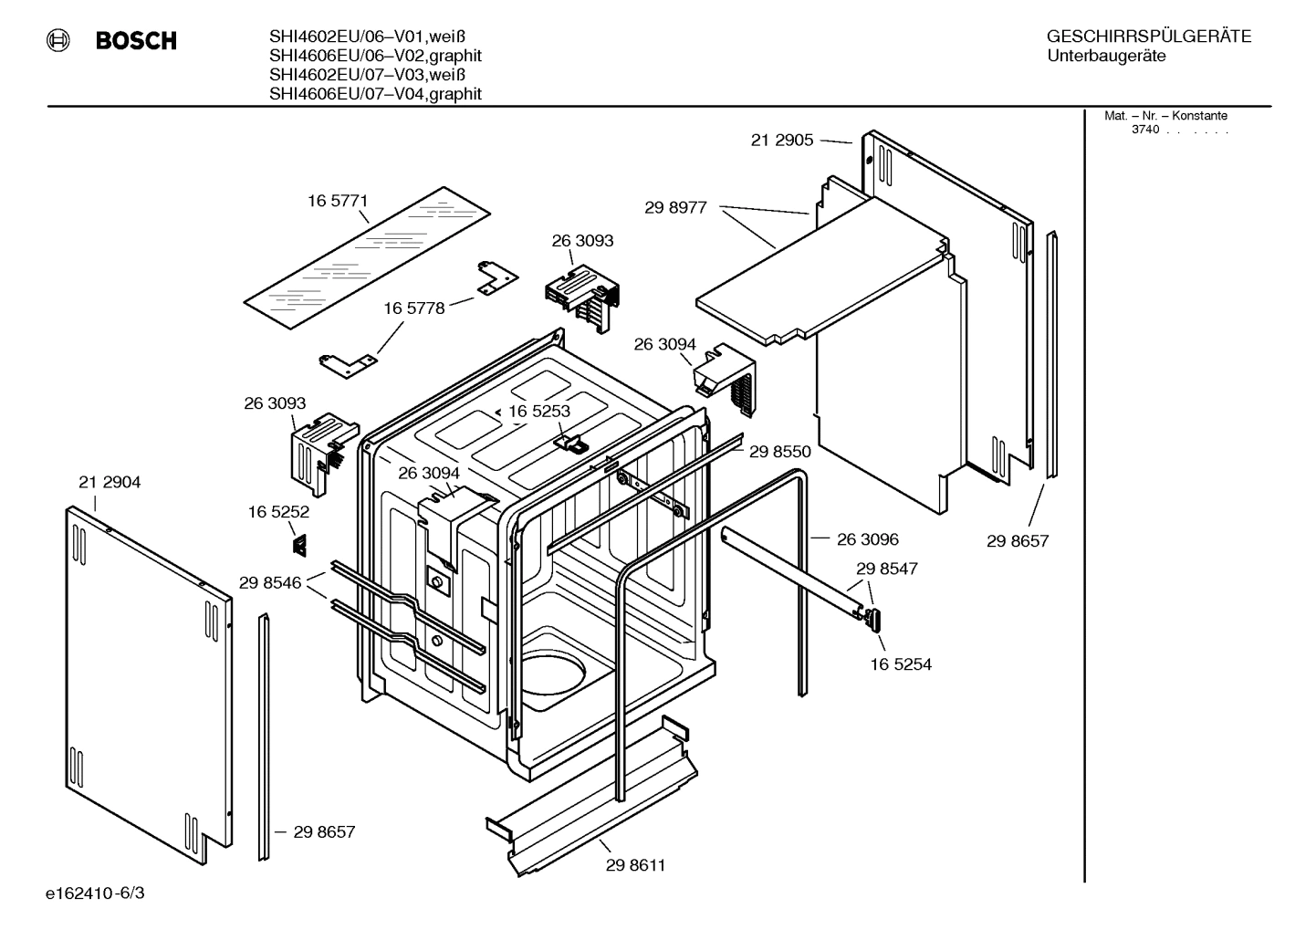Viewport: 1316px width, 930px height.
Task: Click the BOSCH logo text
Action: [x=136, y=41]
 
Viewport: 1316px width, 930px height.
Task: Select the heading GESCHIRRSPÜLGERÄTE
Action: [x=1148, y=37]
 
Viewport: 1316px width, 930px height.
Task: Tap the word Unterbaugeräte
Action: [x=1106, y=57]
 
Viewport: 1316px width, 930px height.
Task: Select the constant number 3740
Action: [x=1144, y=130]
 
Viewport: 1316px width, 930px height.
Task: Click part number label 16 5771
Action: [x=338, y=201]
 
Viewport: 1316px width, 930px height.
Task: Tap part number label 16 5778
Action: [x=413, y=308]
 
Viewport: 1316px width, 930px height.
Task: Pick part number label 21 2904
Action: [x=110, y=482]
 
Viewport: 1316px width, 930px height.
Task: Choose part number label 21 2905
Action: [x=781, y=141]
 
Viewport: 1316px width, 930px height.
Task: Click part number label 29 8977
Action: [x=675, y=207]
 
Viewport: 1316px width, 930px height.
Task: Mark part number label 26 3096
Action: [x=868, y=539]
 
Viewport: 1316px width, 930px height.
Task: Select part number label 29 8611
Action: [x=635, y=865]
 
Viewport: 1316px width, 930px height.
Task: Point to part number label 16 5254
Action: [x=901, y=664]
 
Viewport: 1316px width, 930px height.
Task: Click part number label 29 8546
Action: [x=270, y=582]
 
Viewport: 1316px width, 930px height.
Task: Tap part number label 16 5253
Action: [x=538, y=412]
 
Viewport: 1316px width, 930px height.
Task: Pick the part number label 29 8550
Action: [x=779, y=451]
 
